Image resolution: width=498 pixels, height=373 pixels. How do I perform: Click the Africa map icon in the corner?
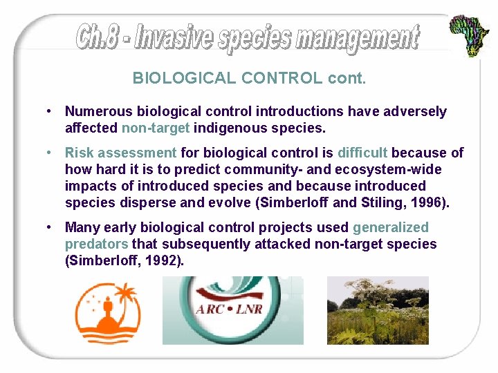point(470,35)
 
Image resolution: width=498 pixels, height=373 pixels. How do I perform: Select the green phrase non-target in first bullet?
point(156,128)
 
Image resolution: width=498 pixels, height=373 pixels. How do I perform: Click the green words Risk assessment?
point(120,153)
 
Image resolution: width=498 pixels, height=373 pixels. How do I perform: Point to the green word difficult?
point(362,153)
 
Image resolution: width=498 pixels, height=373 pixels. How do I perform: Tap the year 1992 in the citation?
point(167,260)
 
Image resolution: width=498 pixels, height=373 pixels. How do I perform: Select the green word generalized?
point(390,227)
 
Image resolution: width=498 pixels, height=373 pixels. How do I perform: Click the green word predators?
point(96,244)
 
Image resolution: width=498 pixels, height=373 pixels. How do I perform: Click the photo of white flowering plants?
point(377,310)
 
